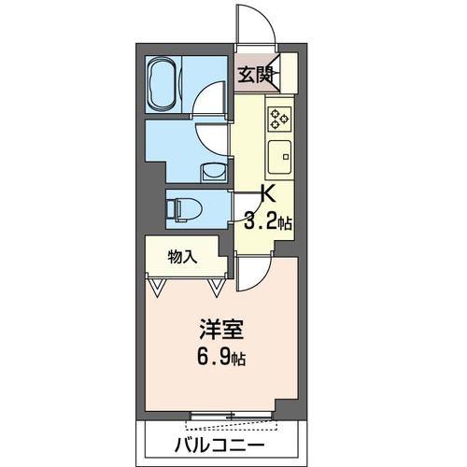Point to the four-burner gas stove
click(x=279, y=117)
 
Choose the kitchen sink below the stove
click(x=280, y=156)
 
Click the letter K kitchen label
click(x=266, y=195)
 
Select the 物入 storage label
click(x=182, y=256)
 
